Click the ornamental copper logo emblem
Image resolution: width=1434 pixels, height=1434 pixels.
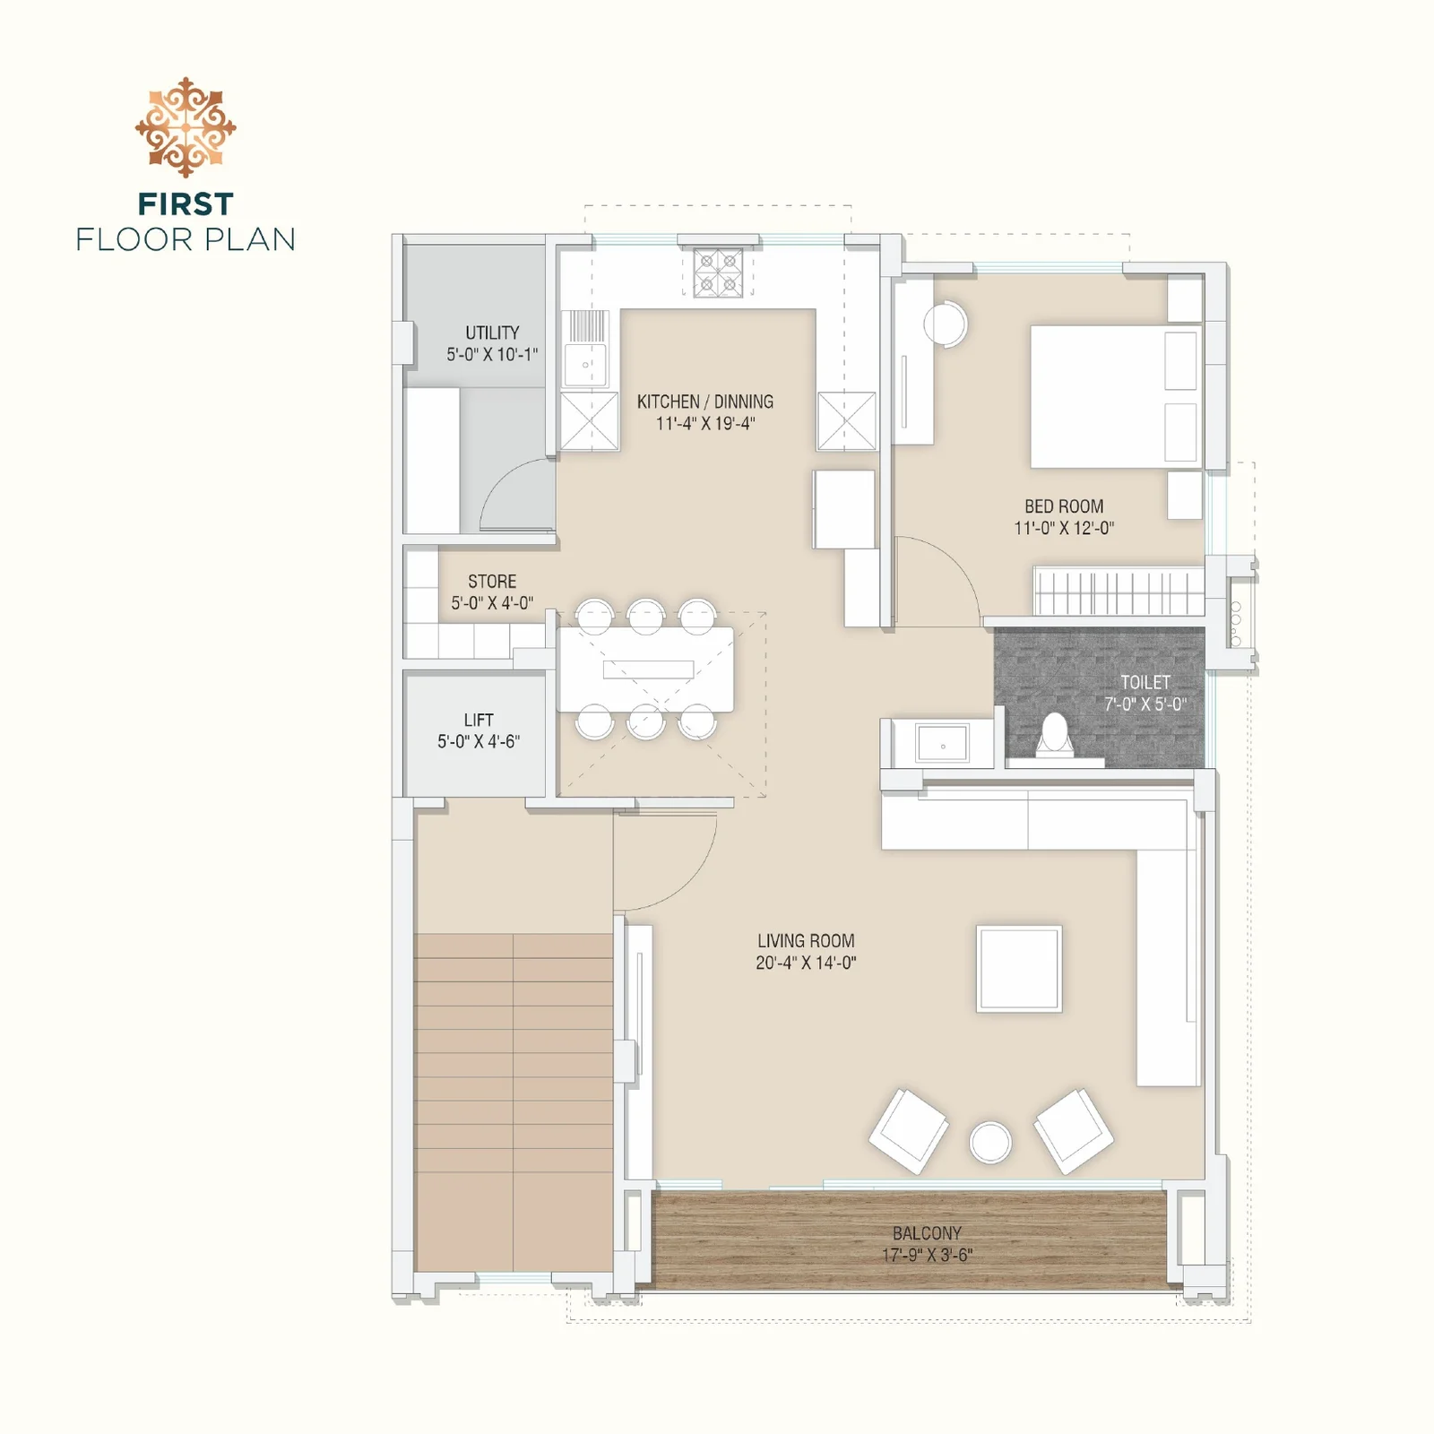click(x=186, y=127)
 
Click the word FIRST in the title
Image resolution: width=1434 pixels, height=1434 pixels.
click(x=186, y=204)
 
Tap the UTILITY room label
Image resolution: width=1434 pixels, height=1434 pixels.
click(x=492, y=333)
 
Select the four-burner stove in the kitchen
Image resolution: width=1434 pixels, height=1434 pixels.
click(x=718, y=272)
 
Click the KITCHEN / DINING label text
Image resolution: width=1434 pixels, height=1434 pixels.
click(x=705, y=402)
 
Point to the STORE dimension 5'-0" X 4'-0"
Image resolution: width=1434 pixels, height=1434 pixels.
click(x=492, y=603)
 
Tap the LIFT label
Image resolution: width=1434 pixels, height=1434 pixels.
click(x=479, y=720)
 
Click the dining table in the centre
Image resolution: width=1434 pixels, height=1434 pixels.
click(x=645, y=669)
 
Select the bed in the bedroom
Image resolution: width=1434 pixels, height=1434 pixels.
click(x=1115, y=396)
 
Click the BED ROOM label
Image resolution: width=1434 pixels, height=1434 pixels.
click(x=1064, y=506)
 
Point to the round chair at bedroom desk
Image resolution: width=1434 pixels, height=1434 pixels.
click(x=945, y=324)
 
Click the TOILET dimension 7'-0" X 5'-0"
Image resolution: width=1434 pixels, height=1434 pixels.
click(x=1145, y=704)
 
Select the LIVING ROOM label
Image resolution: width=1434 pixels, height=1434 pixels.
click(x=806, y=941)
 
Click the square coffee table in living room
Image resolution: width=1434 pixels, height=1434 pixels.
click(x=1019, y=969)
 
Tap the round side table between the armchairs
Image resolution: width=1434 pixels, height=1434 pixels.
click(x=990, y=1143)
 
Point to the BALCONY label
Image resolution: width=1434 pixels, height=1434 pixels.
click(x=927, y=1233)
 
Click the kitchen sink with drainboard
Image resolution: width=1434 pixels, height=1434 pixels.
click(x=585, y=350)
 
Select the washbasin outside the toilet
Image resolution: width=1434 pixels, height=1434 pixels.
click(x=942, y=744)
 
